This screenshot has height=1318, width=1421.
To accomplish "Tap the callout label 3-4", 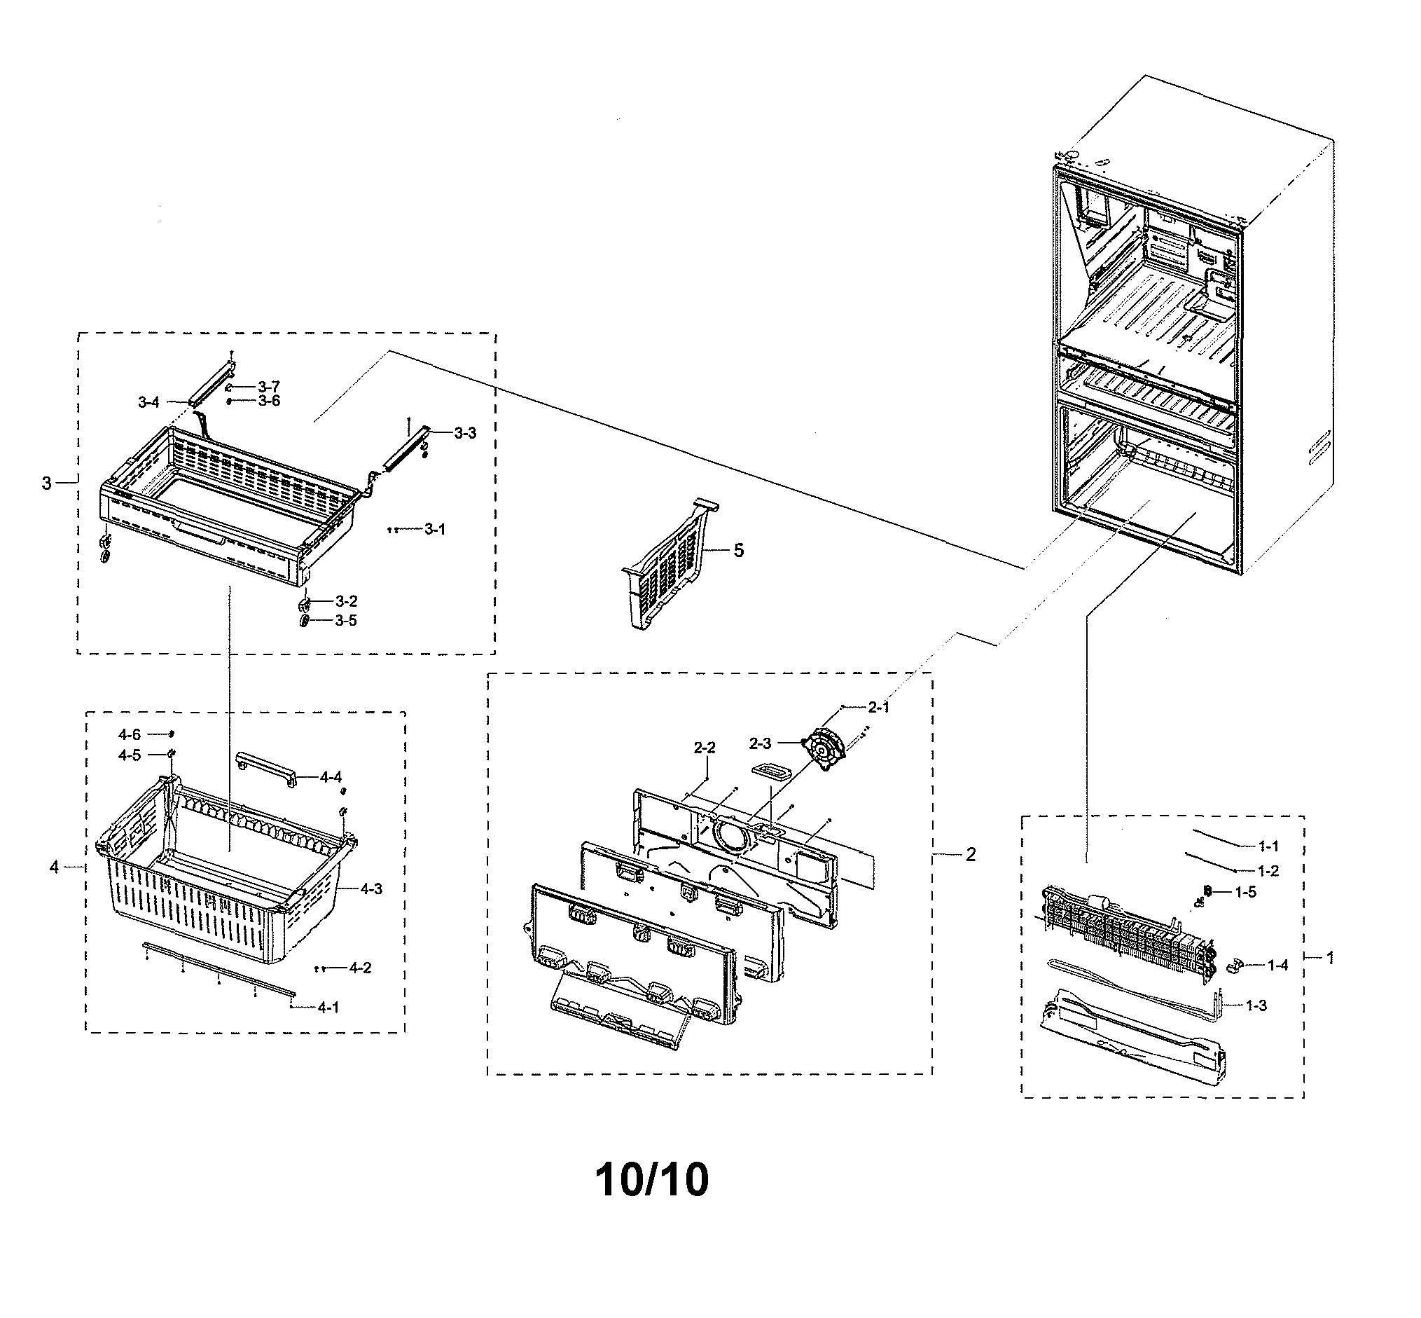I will [148, 403].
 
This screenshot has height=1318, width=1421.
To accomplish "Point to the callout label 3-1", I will [434, 529].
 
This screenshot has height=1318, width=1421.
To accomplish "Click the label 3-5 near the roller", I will [346, 621].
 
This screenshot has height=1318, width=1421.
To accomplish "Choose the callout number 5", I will [739, 550].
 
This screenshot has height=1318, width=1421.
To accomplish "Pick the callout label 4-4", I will [330, 777].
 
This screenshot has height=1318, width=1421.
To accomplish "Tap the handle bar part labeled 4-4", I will [265, 768].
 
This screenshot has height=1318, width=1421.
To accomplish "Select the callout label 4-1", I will [328, 1008].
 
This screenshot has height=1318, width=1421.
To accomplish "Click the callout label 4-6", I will [129, 734].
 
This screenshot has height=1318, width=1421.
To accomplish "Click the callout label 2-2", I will [704, 748].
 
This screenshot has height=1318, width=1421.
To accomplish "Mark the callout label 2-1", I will [878, 707].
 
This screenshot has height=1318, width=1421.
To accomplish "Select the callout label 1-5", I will [1246, 892].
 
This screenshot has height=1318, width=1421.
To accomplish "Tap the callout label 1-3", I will [1256, 1005].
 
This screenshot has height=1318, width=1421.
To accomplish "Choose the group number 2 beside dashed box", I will [971, 854].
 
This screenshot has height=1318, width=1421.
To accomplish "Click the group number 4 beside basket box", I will [54, 867].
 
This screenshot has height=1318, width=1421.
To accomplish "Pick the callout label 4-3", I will [370, 888].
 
